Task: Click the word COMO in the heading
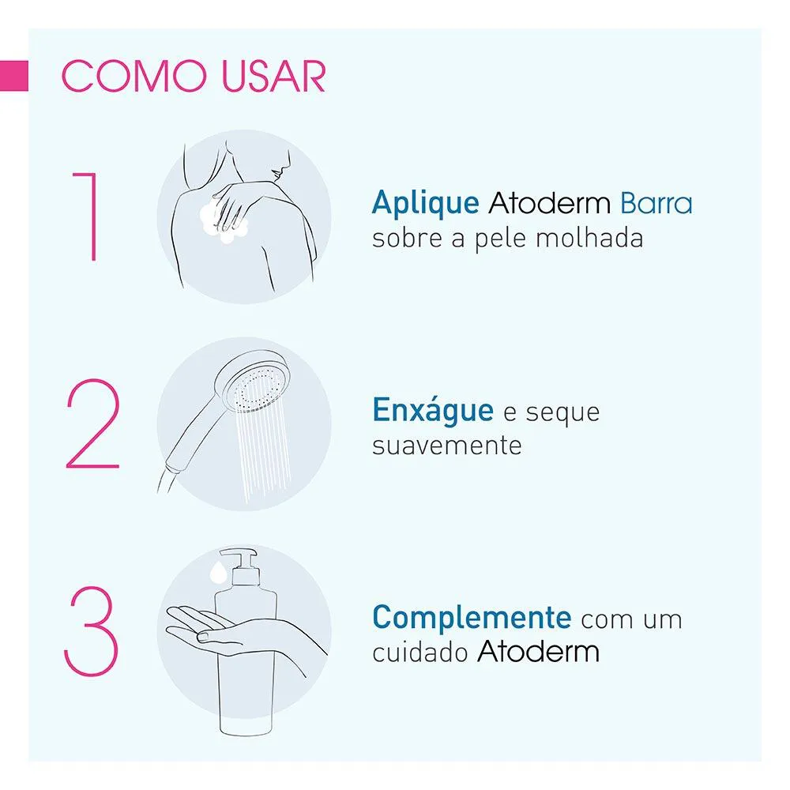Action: tap(134, 77)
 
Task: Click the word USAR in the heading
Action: tap(273, 77)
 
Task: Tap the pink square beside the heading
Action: tap(14, 76)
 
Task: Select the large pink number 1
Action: tap(85, 216)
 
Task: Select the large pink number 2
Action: tap(92, 423)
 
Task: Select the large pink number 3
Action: tap(91, 630)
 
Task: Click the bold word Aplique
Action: tap(425, 204)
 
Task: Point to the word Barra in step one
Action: tap(656, 203)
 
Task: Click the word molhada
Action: tap(589, 238)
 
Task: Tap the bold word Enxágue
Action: tap(433, 411)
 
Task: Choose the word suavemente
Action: tap(447, 446)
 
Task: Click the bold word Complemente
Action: tap(472, 617)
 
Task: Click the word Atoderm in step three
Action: tap(538, 652)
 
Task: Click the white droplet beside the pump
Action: tap(219, 572)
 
